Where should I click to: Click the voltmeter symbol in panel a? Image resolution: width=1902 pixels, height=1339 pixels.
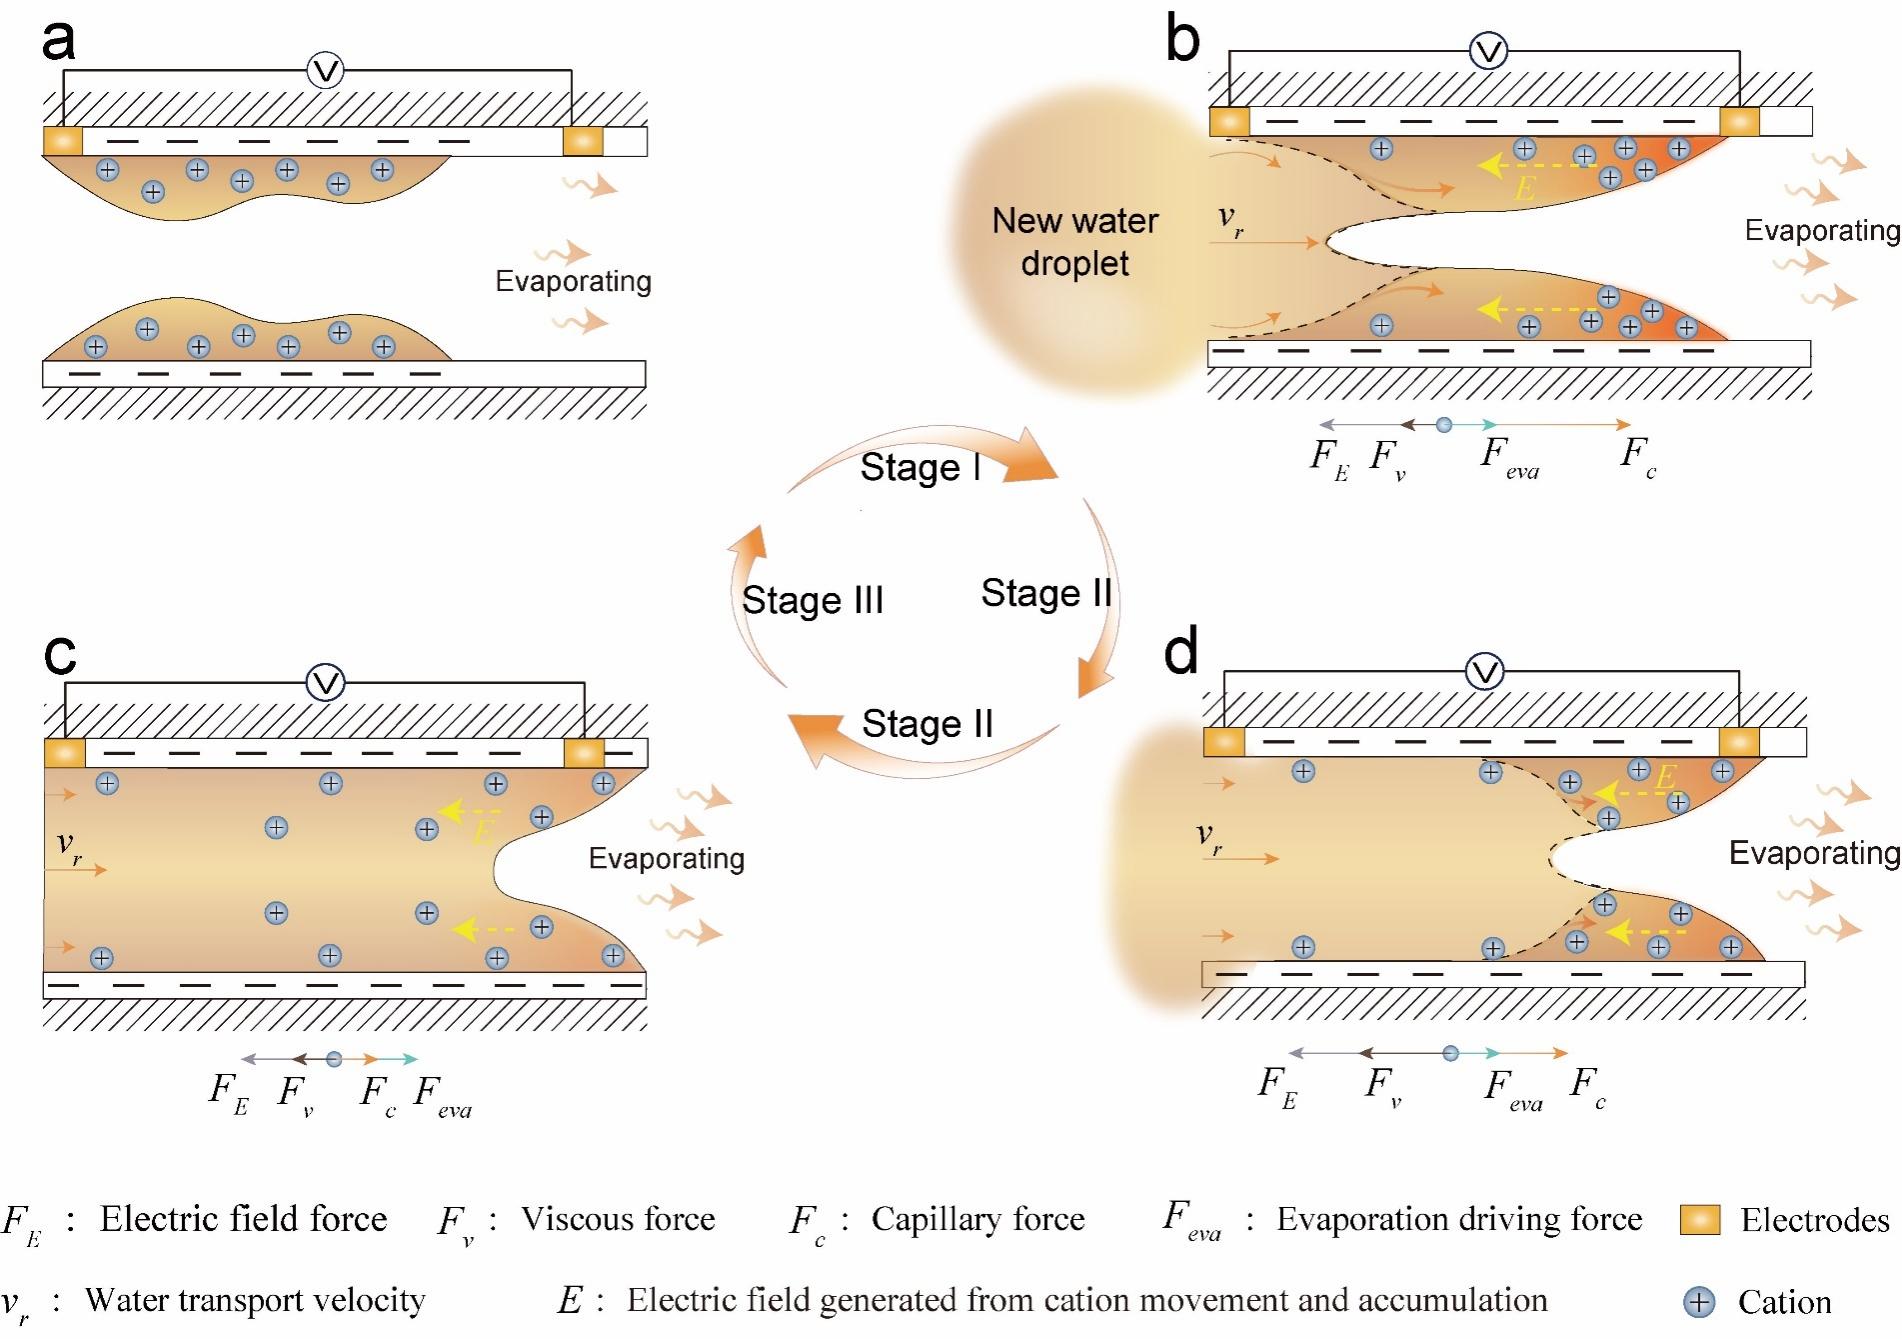point(325,71)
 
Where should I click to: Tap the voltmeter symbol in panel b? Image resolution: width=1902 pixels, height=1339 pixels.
point(1489,51)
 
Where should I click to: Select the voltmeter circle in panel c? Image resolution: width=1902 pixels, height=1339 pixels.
point(325,683)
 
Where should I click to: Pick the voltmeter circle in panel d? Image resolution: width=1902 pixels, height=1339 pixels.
point(1485,672)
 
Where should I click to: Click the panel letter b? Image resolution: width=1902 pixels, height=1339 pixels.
point(1183,40)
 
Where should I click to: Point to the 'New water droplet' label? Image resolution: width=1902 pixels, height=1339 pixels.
point(1075,242)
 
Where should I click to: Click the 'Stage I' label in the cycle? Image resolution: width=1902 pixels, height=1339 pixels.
point(920,467)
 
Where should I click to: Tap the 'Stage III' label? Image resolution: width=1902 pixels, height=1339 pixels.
point(812,600)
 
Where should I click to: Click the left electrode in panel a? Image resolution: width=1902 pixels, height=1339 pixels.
point(63,141)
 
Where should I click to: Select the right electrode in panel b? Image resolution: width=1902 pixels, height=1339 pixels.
point(1739,121)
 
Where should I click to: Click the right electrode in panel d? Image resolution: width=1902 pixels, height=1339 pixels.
point(1739,742)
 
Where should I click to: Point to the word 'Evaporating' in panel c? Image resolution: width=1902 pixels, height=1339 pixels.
point(666,858)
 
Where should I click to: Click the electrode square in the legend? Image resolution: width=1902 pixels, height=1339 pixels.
point(1700,1220)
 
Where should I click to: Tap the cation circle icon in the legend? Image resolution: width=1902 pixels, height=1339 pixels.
point(1699,1302)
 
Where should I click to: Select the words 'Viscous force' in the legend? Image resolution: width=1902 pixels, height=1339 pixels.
point(618,1219)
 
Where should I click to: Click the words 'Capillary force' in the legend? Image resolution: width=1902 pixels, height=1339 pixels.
point(977,1219)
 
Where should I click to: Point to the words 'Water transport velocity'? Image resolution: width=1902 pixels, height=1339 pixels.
point(255,1300)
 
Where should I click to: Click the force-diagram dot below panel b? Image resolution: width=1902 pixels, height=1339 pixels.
point(1443,425)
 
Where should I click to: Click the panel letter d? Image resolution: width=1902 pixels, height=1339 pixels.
point(1181,652)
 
